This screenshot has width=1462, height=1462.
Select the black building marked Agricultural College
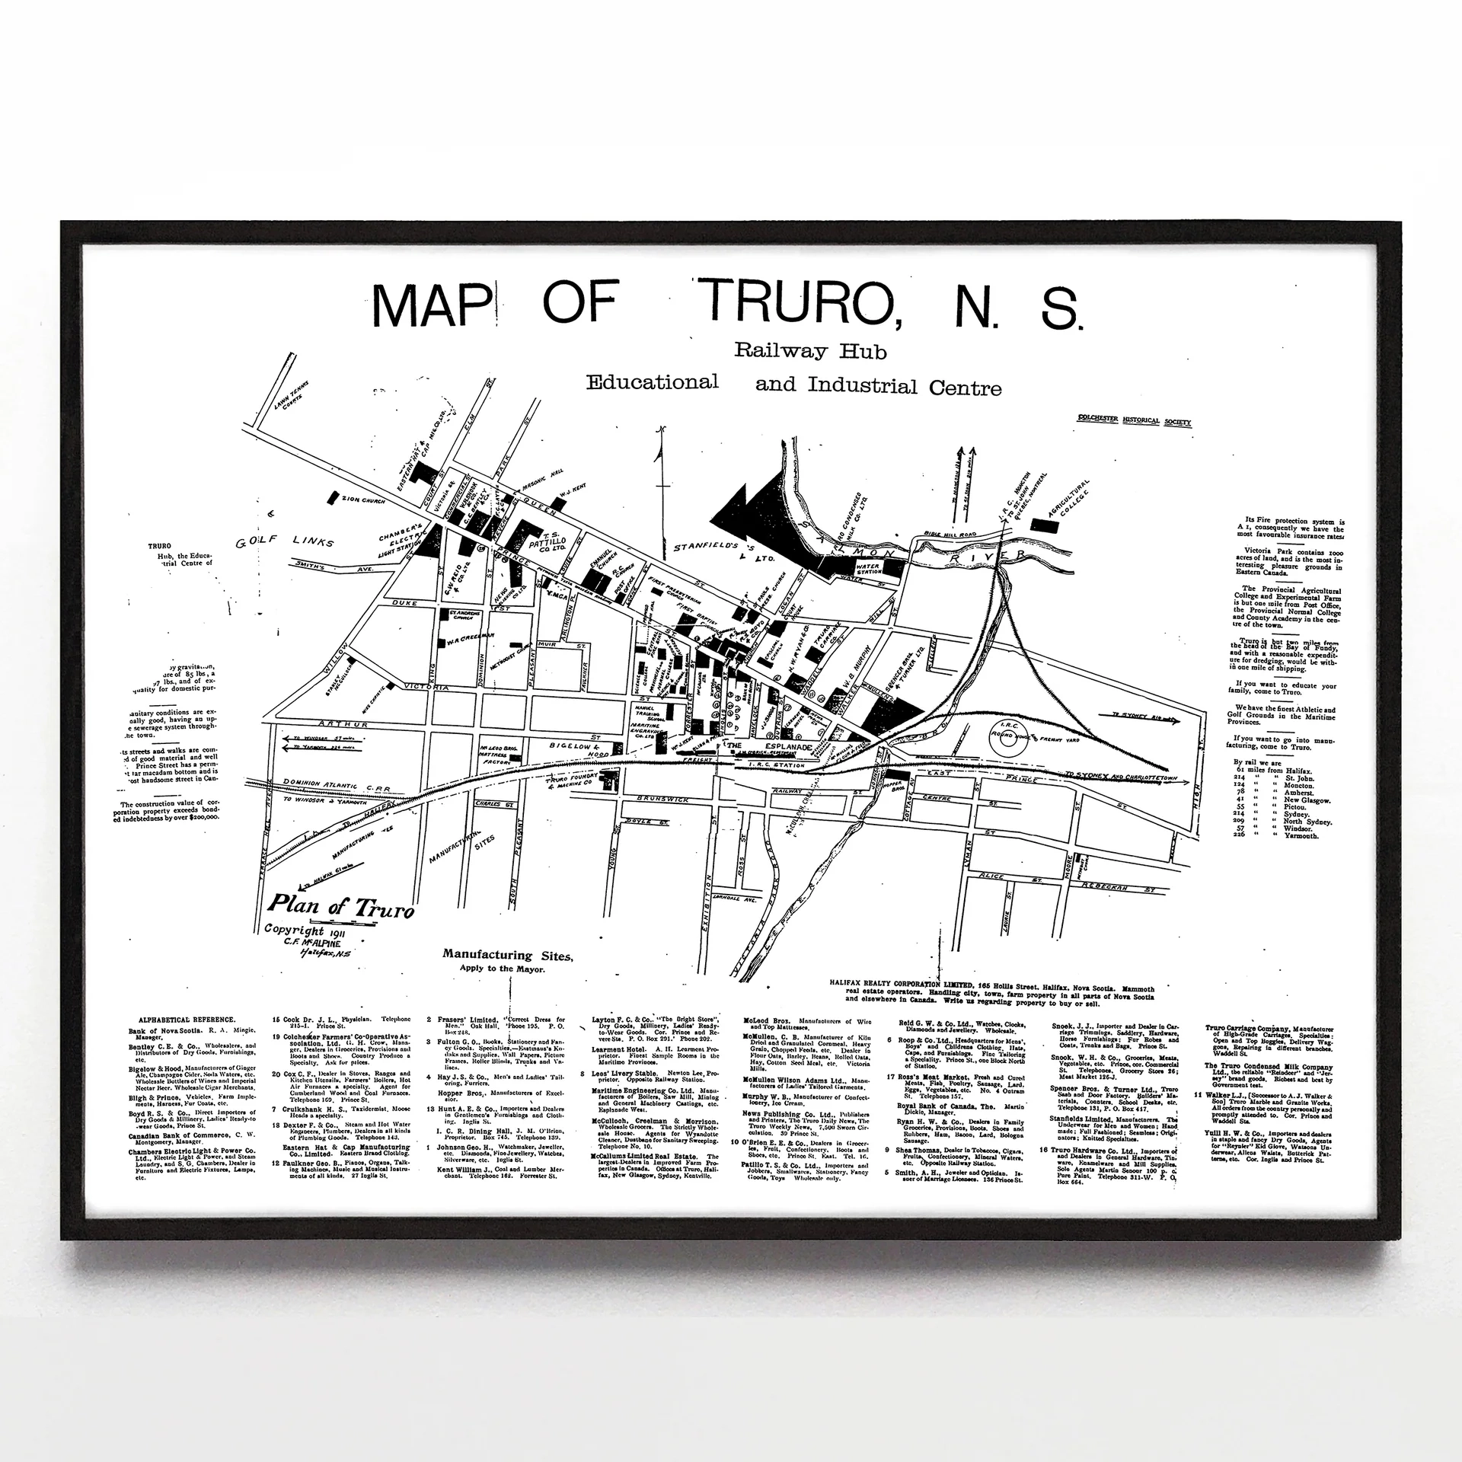point(1040,525)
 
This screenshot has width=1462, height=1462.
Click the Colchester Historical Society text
point(1133,421)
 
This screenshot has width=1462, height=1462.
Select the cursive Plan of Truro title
point(340,908)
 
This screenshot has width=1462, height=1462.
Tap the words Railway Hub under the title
point(810,351)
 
